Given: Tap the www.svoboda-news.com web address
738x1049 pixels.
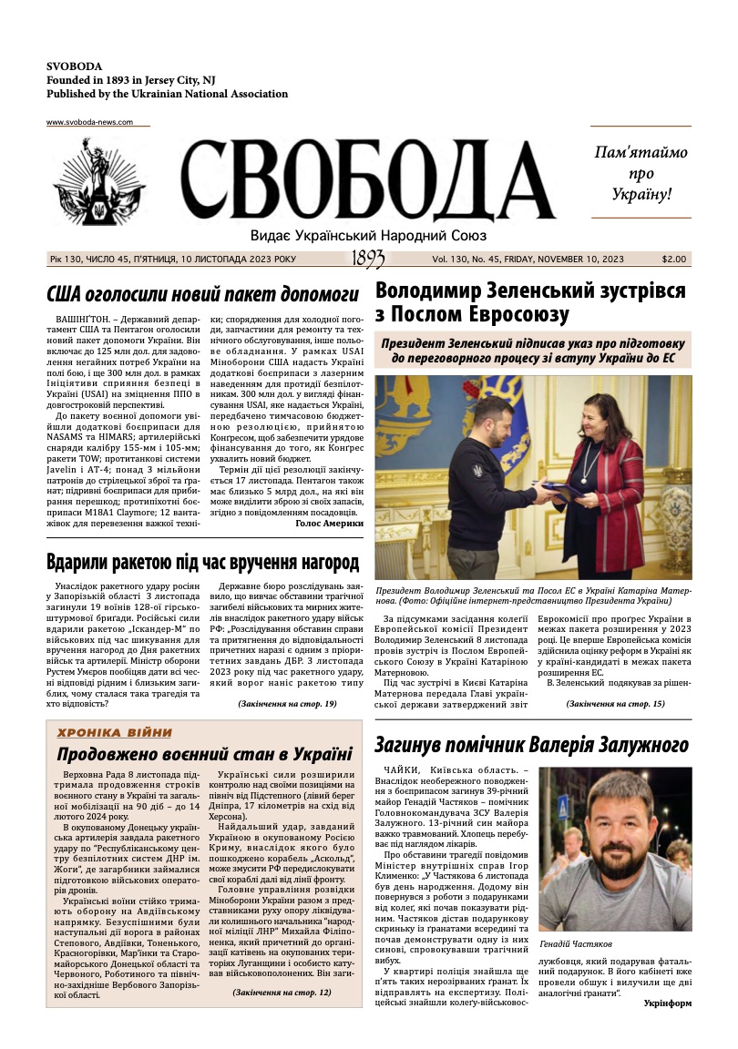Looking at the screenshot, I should coord(89,122).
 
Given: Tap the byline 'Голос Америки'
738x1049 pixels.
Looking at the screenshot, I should coord(330,524).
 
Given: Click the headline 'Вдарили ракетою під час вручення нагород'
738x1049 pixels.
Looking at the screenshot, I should coord(202,562).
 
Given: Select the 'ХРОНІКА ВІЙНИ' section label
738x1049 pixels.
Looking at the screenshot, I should coord(114,732).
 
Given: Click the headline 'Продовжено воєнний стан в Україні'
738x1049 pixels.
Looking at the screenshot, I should coord(204,754).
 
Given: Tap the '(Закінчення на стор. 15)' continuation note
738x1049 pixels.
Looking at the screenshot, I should coord(615,704).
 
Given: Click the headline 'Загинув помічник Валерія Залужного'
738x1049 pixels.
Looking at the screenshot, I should coord(532,746).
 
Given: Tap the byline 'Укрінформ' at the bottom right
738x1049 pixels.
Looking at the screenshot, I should coord(667,1003).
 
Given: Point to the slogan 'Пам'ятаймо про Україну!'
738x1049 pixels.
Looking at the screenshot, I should coord(641,173).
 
